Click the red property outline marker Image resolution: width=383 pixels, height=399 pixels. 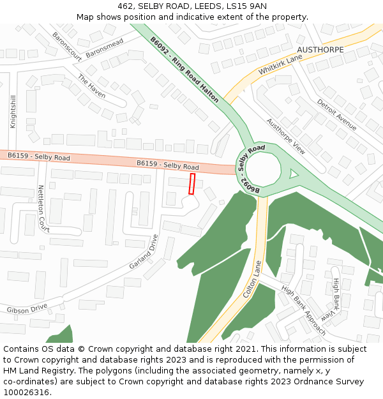point(192,184)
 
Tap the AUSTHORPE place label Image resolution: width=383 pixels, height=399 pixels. point(320,50)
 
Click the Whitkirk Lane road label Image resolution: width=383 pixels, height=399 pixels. point(280,66)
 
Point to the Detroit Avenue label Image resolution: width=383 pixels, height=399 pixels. point(336,114)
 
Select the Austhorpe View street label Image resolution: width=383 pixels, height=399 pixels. point(286,137)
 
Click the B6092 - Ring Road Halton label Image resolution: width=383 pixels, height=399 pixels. point(184,70)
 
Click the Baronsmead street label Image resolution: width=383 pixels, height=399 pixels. point(104,48)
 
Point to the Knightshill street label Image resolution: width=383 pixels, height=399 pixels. point(13,112)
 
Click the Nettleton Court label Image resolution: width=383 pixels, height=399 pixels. point(43,208)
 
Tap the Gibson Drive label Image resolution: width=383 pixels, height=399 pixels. point(27,309)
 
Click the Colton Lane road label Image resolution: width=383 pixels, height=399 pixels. point(253,280)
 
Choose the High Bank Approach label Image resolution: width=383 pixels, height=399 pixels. point(304,310)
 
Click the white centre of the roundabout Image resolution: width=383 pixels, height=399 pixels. point(263,170)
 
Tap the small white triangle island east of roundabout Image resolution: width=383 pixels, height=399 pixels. point(293,173)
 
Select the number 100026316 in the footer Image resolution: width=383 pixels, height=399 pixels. point(26,393)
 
